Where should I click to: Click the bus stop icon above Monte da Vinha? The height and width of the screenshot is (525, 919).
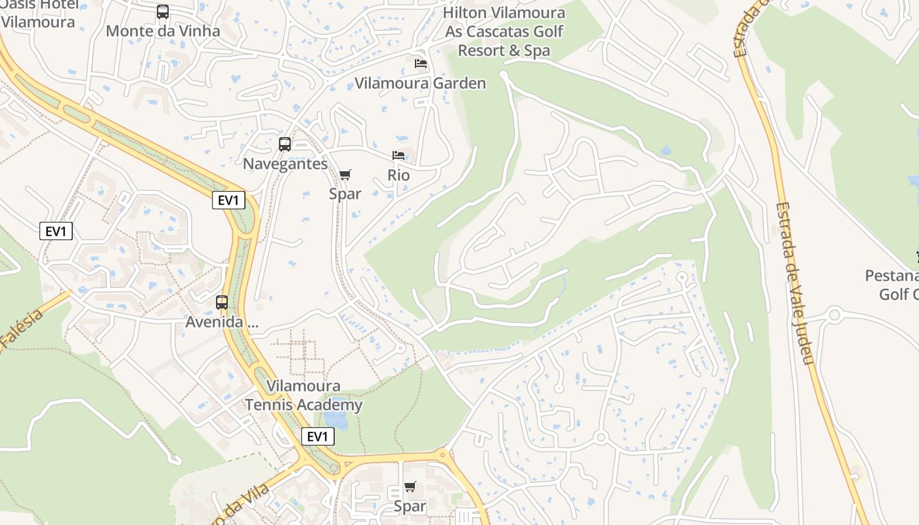click(x=163, y=12)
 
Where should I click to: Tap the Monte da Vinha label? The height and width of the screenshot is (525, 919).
click(x=163, y=31)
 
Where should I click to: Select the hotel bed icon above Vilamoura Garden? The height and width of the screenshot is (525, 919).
click(x=421, y=64)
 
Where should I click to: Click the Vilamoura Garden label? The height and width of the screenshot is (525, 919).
click(x=420, y=83)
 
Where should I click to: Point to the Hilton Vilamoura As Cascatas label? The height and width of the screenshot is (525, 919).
click(x=504, y=31)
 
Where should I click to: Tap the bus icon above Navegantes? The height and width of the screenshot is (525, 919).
click(x=285, y=144)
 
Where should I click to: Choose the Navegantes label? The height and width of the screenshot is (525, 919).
click(x=285, y=163)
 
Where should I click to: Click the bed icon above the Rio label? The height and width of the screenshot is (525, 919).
click(x=398, y=156)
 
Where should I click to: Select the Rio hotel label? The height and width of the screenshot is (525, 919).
click(x=398, y=175)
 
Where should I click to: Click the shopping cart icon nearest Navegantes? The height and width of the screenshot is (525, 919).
click(x=345, y=175)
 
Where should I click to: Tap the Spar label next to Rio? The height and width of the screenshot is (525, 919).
click(x=345, y=194)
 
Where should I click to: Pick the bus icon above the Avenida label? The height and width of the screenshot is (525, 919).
click(x=222, y=303)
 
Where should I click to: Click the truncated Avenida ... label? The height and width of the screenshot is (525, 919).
click(x=222, y=322)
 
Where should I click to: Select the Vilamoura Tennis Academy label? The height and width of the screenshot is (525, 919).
click(x=304, y=395)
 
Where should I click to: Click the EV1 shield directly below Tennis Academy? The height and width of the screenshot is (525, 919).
click(x=318, y=436)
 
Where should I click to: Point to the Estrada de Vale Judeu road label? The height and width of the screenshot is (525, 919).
click(x=794, y=282)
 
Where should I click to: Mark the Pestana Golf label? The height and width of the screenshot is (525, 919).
click(x=893, y=284)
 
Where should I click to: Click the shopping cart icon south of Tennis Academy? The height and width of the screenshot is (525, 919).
click(x=410, y=486)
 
